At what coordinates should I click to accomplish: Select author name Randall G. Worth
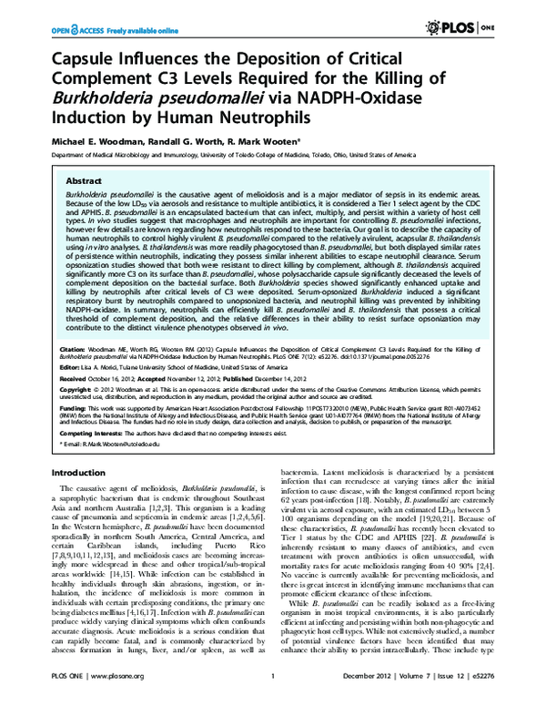181,147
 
